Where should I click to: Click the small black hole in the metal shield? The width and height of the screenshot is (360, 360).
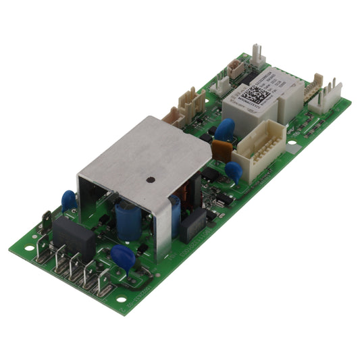pyautogui.click(x=149, y=180)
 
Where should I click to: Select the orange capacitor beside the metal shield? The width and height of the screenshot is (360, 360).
pyautogui.click(x=222, y=149)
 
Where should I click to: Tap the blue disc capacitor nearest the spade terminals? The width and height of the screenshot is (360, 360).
pyautogui.click(x=123, y=257)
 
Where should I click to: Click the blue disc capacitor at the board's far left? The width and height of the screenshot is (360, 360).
pyautogui.click(x=69, y=201)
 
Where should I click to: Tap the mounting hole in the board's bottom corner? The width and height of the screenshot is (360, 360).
pyautogui.click(x=121, y=299)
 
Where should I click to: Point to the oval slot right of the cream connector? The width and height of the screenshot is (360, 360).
pyautogui.click(x=292, y=143)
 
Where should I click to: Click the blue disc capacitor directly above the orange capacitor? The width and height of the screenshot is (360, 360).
pyautogui.click(x=225, y=128)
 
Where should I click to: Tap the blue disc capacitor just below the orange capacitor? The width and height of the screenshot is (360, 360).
pyautogui.click(x=234, y=170)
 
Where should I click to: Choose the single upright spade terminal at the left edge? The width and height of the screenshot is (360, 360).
pyautogui.click(x=47, y=222)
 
